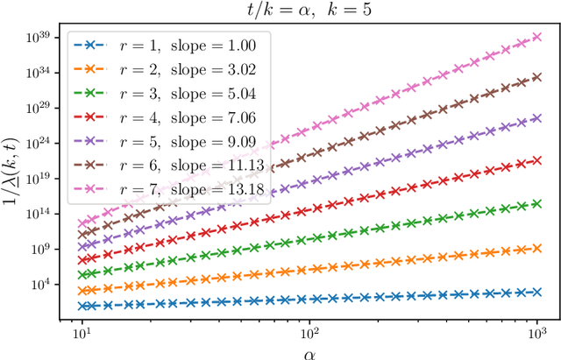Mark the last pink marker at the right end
click(x=537, y=38)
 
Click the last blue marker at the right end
click(x=537, y=292)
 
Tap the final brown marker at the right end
click(x=537, y=76)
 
